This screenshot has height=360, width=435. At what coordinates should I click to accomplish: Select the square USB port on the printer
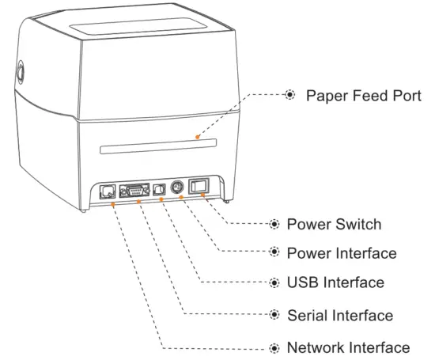point(161,190)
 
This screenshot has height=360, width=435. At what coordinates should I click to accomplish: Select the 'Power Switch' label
point(334,225)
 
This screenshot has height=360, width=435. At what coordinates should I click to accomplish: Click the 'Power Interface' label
point(341,253)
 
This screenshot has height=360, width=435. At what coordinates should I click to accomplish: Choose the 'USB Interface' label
point(335,282)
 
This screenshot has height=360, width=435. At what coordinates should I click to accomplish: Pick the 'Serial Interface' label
point(339,315)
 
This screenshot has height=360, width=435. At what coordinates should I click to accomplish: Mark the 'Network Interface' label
point(348,347)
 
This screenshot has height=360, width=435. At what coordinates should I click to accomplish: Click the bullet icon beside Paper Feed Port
point(290,95)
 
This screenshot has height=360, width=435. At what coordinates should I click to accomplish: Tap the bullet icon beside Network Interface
point(274,347)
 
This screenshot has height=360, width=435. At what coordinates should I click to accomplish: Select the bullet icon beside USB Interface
point(274,282)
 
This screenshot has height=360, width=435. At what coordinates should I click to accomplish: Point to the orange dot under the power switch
point(204,195)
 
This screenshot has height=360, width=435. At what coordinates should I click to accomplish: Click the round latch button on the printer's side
point(17,73)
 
